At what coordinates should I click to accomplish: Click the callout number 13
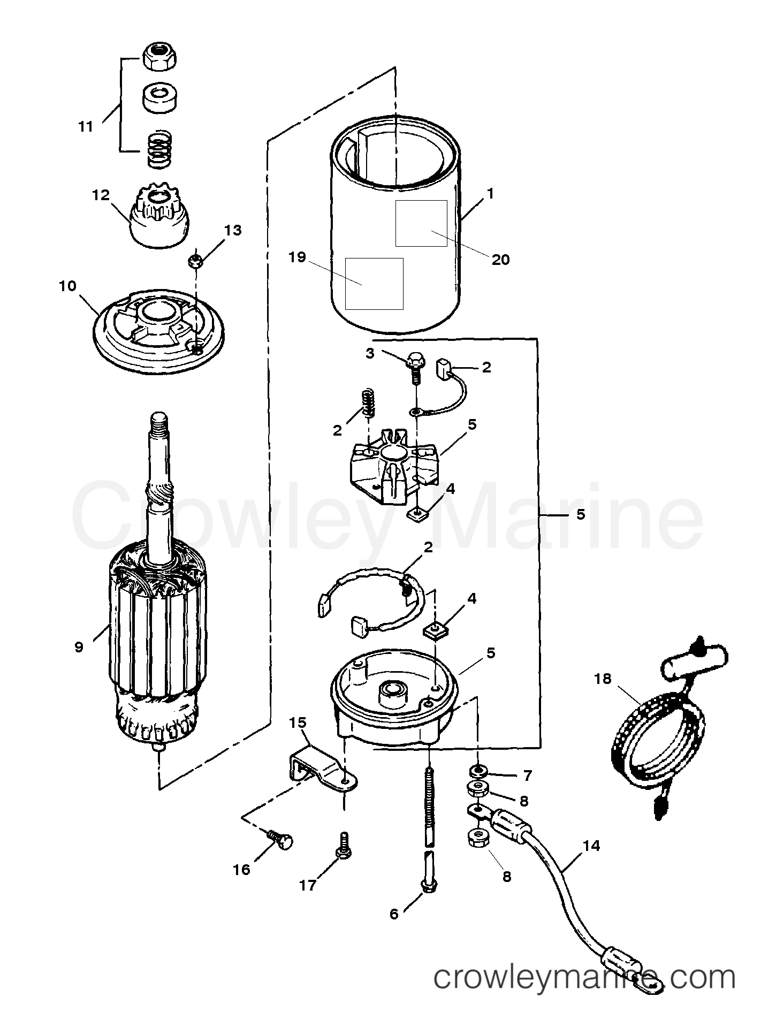click(x=233, y=231)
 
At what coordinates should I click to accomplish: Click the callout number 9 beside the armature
click(x=79, y=647)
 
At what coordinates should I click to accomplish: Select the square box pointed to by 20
click(x=421, y=223)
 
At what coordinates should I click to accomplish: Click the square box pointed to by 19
click(x=374, y=283)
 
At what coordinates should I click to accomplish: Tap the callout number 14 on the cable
click(x=591, y=846)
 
